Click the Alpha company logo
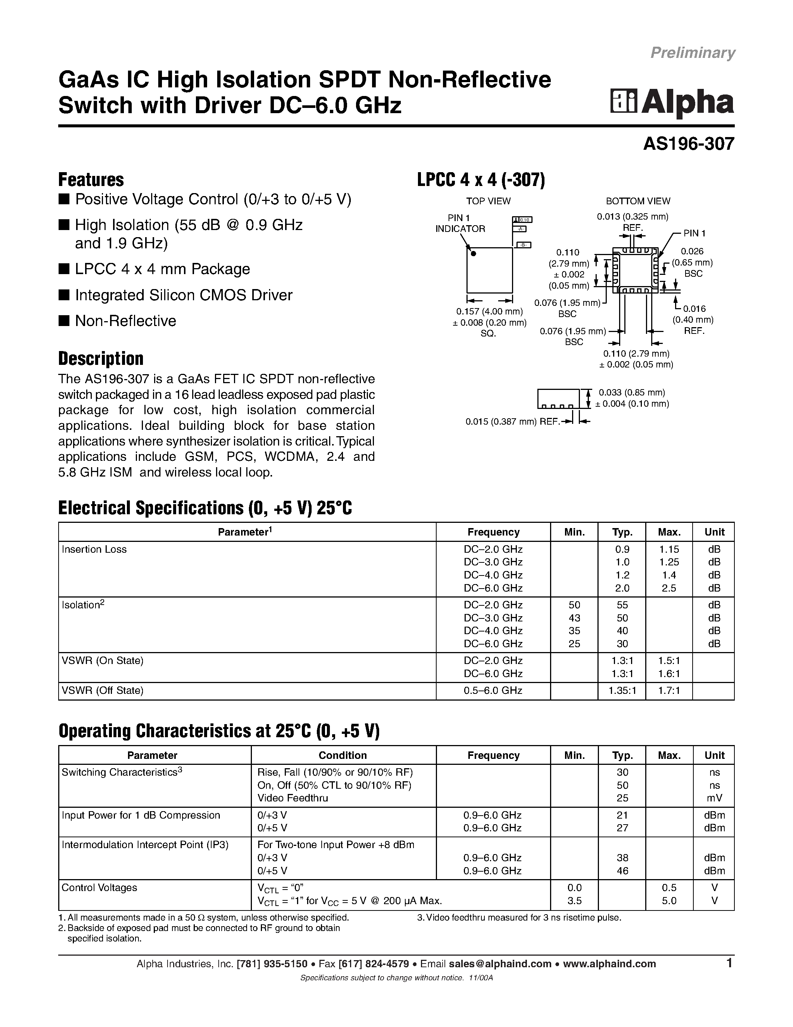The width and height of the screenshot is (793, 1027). [672, 102]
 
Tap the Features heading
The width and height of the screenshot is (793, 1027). [91, 180]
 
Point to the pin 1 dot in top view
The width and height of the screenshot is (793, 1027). [474, 254]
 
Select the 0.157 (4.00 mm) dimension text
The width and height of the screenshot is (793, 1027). [489, 311]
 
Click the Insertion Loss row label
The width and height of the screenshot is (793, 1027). [94, 549]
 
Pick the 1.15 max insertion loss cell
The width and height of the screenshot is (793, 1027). [669, 549]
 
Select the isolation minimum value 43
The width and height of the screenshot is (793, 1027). [574, 618]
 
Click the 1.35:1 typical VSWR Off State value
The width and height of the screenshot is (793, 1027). [622, 690]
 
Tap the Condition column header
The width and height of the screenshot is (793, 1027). [343, 755]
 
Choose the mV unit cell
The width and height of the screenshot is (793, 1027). [714, 798]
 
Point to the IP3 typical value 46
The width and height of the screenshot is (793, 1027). [622, 871]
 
